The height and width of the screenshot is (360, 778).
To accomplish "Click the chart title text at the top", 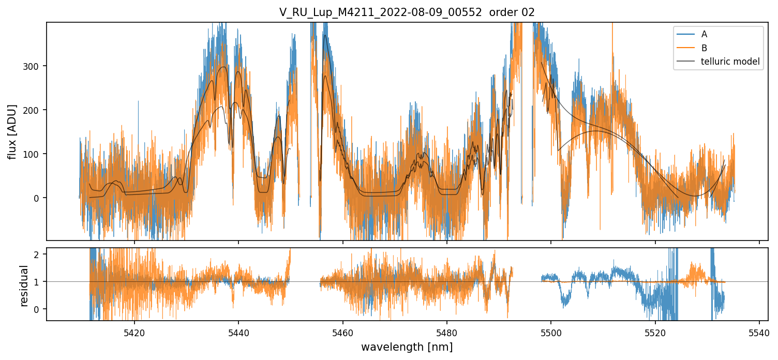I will click(407, 12).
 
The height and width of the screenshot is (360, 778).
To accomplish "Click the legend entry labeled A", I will click(704, 35).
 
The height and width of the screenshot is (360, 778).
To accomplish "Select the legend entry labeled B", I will click(704, 48).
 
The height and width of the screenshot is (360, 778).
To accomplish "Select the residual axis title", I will click(24, 285).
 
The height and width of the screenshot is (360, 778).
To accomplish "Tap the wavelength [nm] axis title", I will click(407, 347).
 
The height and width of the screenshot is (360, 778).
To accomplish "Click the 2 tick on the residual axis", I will click(40, 254).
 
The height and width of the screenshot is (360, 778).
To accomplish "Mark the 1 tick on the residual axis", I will click(40, 282).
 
